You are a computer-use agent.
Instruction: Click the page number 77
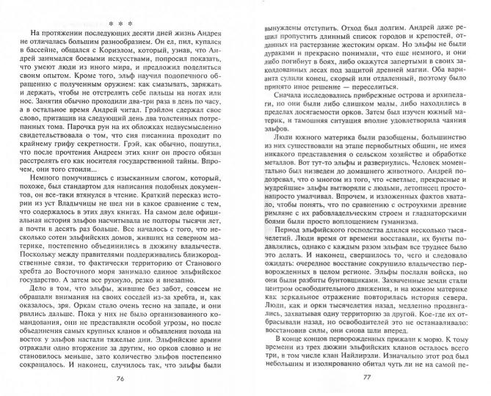365,381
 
